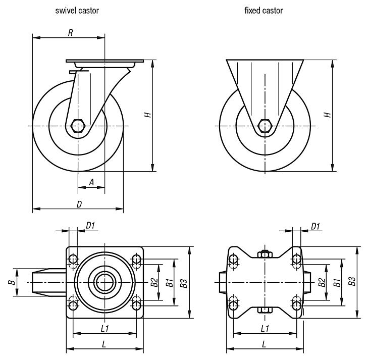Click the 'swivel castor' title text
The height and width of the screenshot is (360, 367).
pyautogui.click(x=77, y=10)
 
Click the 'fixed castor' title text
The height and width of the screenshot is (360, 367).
pyautogui.click(x=263, y=10)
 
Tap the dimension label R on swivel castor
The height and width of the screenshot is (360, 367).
pyautogui.click(x=71, y=33)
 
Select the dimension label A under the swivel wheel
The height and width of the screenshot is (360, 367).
pyautogui.click(x=91, y=182)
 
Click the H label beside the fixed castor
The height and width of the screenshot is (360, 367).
pyautogui.click(x=328, y=115)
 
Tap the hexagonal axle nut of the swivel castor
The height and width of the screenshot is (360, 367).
pyautogui.click(x=78, y=125)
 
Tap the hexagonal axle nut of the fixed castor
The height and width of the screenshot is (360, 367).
pyautogui.click(x=264, y=125)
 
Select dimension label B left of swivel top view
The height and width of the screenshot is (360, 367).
pyautogui.click(x=10, y=282)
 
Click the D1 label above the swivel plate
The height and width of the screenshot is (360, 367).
pyautogui.click(x=90, y=226)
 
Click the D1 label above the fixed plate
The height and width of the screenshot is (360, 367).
pyautogui.click(x=316, y=226)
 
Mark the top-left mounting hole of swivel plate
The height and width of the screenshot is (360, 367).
pyautogui.click(x=73, y=260)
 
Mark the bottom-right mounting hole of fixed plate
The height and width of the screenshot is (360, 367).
pyautogui.click(x=296, y=304)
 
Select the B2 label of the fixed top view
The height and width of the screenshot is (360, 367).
pyautogui.click(x=321, y=282)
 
